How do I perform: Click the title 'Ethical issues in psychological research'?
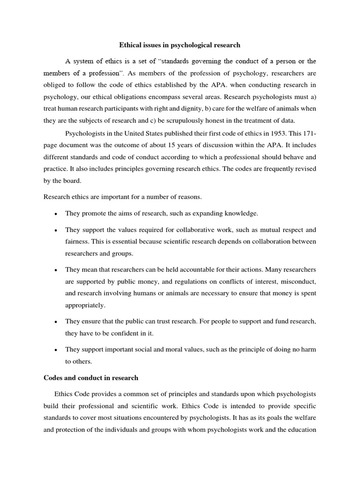(x=180, y=45)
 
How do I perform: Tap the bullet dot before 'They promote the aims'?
(x=56, y=214)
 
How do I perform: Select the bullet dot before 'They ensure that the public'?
(x=56, y=322)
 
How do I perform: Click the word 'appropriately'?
(x=85, y=305)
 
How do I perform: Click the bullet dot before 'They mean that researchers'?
(x=56, y=270)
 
